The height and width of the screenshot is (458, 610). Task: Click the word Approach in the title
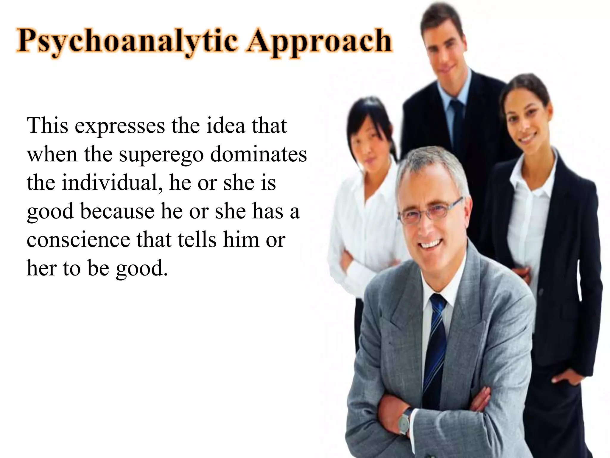pos(319,42)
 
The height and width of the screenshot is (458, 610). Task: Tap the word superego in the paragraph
pos(161,154)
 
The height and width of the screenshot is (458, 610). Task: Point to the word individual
pos(110,182)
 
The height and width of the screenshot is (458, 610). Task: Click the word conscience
pos(78,240)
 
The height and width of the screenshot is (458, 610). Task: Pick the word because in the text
pos(117,211)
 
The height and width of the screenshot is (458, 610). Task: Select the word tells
pos(197,240)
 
